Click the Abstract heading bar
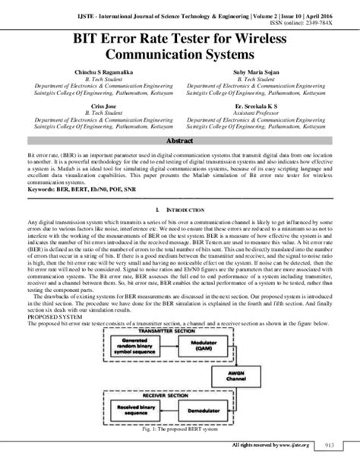[180, 142]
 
